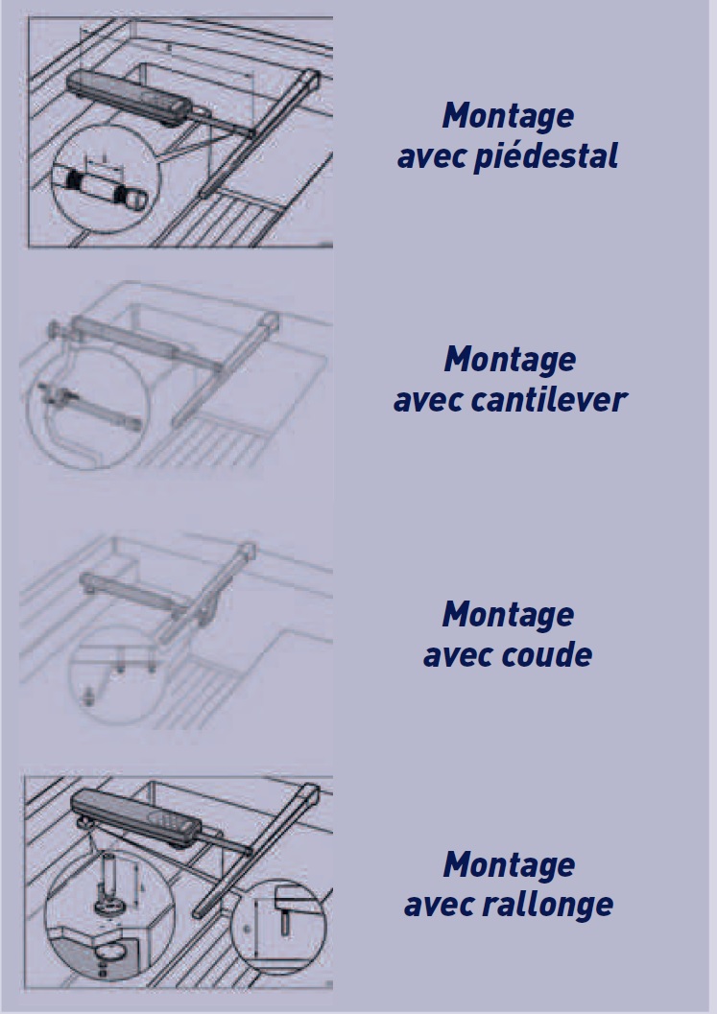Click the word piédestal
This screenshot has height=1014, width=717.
pos(545,156)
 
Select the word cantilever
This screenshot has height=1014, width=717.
pos(548,400)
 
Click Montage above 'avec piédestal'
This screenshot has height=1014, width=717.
pos(508,116)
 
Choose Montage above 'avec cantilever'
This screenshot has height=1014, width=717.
pos(510,360)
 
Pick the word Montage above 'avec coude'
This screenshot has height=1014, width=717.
pos(508,614)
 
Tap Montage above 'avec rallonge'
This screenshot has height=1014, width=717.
pos(509,864)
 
